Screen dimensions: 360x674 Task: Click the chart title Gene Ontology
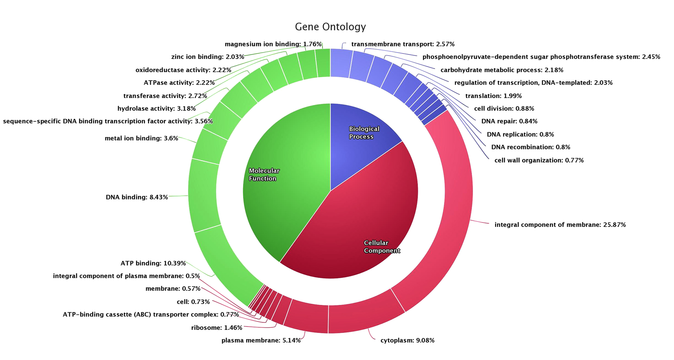[330, 27]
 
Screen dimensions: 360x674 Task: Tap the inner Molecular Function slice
[283, 188]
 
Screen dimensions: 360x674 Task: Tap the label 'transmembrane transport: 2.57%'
[403, 44]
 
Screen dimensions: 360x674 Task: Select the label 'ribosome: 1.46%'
[217, 328]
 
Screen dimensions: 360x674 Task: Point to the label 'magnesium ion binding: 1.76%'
[273, 44]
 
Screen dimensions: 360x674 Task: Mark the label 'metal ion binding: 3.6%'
[141, 138]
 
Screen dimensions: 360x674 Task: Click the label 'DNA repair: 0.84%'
[509, 121]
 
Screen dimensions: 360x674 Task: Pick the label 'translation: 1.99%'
[493, 96]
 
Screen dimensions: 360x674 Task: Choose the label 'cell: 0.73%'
[193, 302]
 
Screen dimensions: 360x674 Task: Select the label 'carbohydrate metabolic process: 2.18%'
[502, 70]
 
